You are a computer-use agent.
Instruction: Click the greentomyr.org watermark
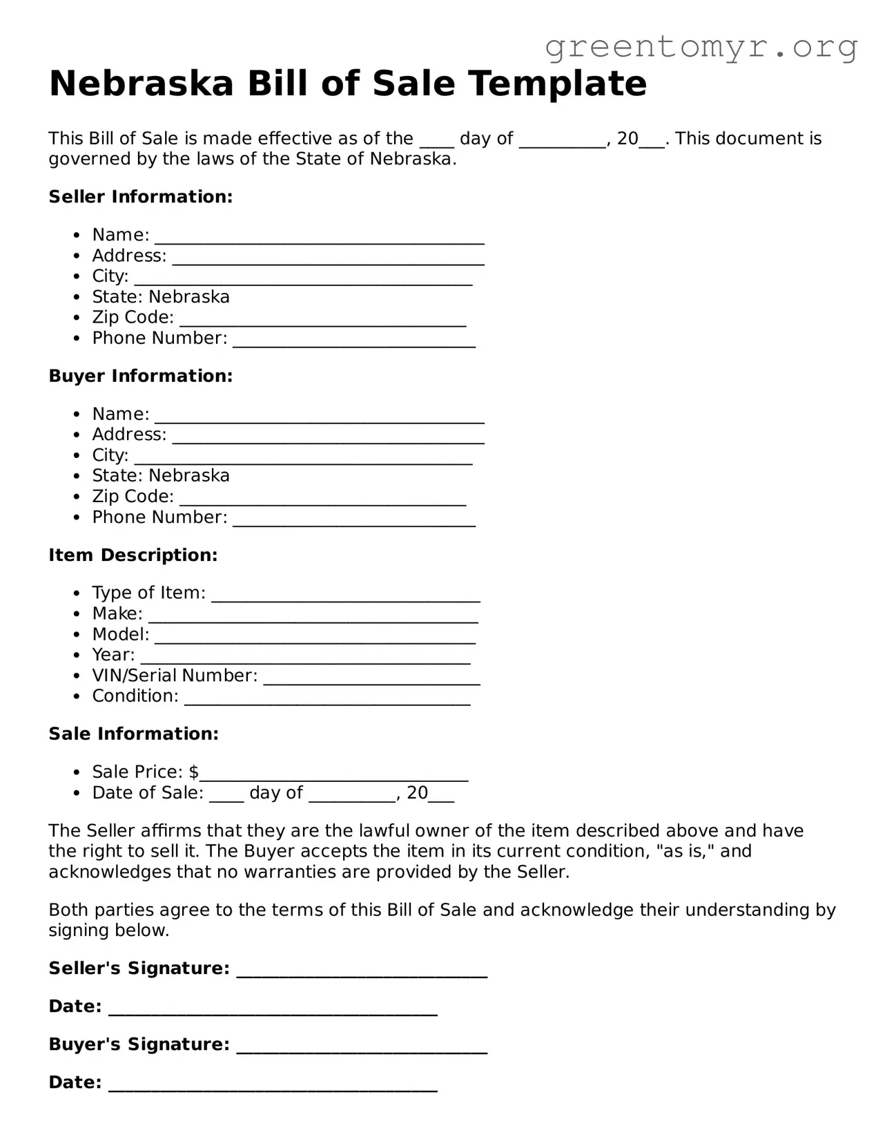pyautogui.click(x=701, y=47)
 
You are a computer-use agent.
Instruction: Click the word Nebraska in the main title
pyautogui.click(x=142, y=84)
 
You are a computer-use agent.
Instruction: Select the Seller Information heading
pyautogui.click(x=141, y=197)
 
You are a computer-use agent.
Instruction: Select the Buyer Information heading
pyautogui.click(x=141, y=376)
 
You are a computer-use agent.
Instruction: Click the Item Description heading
pyautogui.click(x=133, y=555)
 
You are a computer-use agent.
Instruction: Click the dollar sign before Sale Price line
pyautogui.click(x=193, y=772)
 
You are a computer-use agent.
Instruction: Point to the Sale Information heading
pyautogui.click(x=134, y=734)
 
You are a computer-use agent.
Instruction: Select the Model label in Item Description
pyautogui.click(x=120, y=635)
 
